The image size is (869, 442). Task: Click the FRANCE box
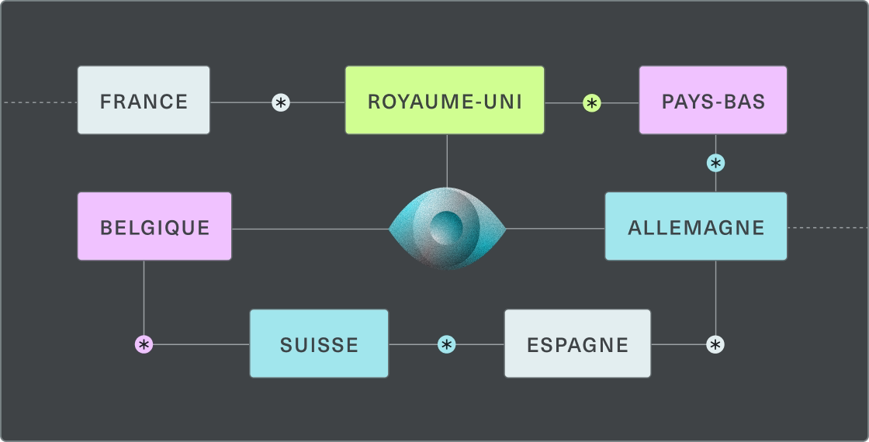click(x=144, y=101)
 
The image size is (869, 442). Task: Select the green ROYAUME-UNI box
click(x=445, y=101)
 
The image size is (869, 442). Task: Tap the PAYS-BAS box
click(x=713, y=101)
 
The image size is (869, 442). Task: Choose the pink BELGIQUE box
click(x=154, y=227)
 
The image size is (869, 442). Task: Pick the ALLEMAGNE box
click(x=696, y=227)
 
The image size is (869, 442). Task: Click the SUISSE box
click(x=319, y=344)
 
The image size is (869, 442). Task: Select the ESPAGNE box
click(x=577, y=344)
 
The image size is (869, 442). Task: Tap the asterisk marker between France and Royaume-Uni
click(x=281, y=102)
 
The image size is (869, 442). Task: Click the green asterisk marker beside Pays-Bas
click(x=592, y=102)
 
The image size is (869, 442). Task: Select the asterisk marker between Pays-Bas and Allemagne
click(x=715, y=163)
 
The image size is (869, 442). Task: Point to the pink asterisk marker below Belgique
click(x=144, y=344)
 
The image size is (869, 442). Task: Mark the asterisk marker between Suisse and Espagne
click(x=446, y=344)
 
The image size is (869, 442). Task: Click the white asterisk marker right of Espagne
click(x=715, y=344)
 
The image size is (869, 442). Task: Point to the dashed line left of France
click(x=39, y=102)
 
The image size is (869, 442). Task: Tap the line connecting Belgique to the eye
click(x=310, y=229)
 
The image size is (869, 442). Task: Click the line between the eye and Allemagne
click(x=555, y=229)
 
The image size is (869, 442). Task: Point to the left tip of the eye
click(x=390, y=229)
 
